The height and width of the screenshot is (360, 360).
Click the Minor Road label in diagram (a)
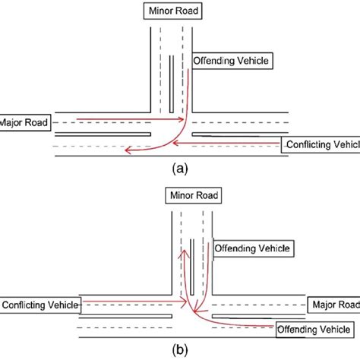[x=174, y=11]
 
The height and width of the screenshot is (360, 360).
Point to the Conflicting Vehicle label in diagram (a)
[x=320, y=144]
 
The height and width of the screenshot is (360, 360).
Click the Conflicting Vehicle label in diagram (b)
[x=39, y=305]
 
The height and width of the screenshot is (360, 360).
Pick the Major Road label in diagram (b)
[x=330, y=304]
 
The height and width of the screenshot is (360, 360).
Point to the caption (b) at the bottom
[x=179, y=350]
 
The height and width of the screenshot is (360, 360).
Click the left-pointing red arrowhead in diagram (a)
[x=130, y=151]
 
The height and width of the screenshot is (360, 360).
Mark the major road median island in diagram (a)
[x=235, y=134]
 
